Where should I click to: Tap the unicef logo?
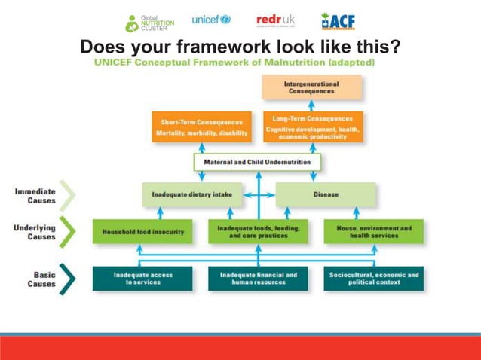211,20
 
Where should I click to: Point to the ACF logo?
338,21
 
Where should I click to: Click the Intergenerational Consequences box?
311,87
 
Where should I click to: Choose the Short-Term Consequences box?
201,127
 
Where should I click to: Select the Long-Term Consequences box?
312,127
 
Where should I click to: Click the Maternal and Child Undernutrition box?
257,162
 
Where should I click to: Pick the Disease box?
326,194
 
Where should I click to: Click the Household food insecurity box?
142,231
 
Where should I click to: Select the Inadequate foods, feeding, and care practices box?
258,231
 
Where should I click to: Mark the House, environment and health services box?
374,231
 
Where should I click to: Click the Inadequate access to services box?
142,279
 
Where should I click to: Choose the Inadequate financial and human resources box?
258,279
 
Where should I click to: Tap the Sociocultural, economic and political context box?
374,279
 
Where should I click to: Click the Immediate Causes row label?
35,196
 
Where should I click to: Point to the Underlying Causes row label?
35,231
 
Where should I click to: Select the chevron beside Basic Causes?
68,279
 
